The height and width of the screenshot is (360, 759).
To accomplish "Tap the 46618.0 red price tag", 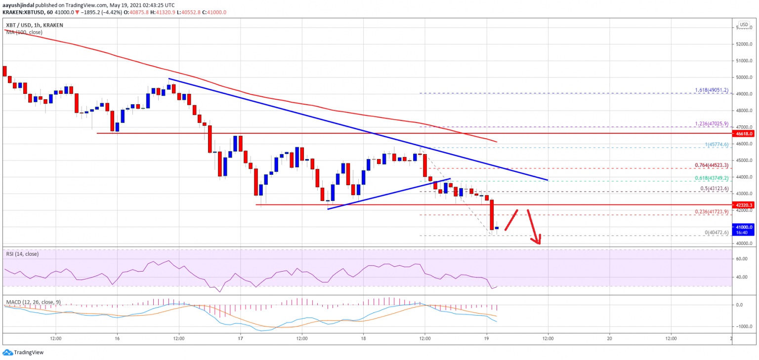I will point(743,133).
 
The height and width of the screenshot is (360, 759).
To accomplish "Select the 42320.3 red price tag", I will point(743,204).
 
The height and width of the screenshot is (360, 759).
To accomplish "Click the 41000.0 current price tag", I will point(743,227).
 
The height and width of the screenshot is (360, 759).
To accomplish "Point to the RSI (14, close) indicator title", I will point(22,254).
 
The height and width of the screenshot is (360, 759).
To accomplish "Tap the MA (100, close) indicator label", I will point(24,32).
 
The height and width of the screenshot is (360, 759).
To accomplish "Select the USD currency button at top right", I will point(743,24).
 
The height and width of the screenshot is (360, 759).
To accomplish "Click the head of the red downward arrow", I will point(537,242).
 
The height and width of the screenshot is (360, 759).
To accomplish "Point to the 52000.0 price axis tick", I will point(743,44).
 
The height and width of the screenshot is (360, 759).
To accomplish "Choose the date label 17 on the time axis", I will point(241,338).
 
